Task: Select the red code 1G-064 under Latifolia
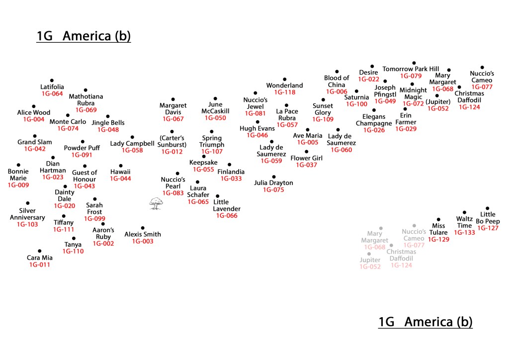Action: (x=52, y=93)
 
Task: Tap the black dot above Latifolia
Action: (x=52, y=80)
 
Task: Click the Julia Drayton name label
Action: (x=273, y=183)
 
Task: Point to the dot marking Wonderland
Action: (x=285, y=79)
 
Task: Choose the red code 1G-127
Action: (x=488, y=228)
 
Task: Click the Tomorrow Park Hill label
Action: (x=411, y=69)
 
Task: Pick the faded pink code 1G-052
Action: (x=370, y=267)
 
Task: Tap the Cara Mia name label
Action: (x=40, y=258)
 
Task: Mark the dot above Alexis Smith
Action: (x=143, y=228)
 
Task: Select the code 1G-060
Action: (x=341, y=150)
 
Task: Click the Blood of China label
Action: (x=337, y=81)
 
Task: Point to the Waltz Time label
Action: (x=464, y=222)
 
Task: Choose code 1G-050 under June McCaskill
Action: (x=215, y=118)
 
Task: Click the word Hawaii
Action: (x=120, y=172)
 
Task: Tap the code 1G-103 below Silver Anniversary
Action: (x=27, y=224)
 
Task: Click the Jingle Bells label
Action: (x=108, y=123)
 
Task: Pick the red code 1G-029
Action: (x=406, y=129)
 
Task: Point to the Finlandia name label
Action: (x=231, y=172)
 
